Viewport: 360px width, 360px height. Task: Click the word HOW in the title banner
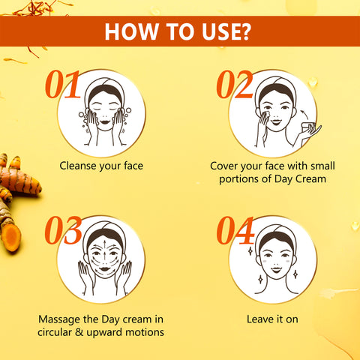[131, 31]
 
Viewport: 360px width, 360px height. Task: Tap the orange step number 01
[63, 84]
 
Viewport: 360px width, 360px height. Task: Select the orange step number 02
[235, 84]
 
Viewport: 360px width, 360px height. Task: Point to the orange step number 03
[63, 230]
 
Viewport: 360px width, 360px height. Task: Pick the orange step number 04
[235, 230]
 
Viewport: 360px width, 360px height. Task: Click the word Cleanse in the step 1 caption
[78, 166]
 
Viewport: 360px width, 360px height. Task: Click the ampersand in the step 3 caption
[79, 332]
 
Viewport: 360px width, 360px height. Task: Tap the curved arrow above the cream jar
[304, 114]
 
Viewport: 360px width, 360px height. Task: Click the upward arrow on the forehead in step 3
[104, 243]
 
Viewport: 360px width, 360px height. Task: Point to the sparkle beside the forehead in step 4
[250, 251]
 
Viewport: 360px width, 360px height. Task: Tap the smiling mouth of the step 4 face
[277, 270]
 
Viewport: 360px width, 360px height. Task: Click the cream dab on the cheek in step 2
[267, 115]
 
